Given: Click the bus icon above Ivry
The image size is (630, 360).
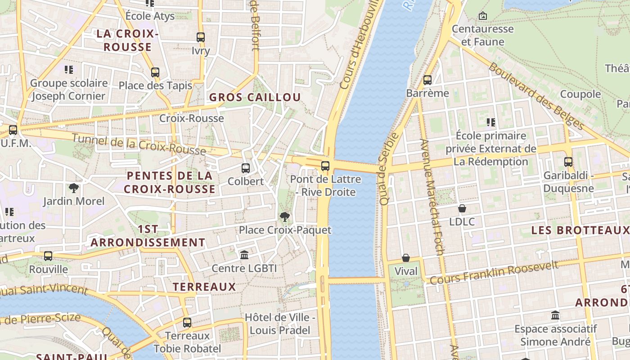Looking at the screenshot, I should tap(201, 37).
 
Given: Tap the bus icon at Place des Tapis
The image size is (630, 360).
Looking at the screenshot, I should tap(155, 72).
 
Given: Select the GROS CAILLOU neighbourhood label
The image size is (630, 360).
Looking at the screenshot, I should tap(255, 97).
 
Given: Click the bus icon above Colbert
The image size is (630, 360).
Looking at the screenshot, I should tap(245, 168).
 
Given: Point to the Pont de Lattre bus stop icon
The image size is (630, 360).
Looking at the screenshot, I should tap(325, 166).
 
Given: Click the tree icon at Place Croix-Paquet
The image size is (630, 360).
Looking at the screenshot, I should tap(284, 217).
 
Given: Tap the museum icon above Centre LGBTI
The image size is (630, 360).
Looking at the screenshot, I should tap(244, 255).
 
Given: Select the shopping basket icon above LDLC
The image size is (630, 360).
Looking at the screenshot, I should tap(462, 208).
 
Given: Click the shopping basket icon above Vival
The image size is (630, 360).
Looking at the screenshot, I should tap(406, 258).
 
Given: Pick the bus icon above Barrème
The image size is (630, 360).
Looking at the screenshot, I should tap(427, 80).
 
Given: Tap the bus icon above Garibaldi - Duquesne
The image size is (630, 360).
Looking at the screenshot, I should tap(568, 162).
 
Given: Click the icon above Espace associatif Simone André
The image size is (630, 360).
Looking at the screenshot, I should tap(555, 315).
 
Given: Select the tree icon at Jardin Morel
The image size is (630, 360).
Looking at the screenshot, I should tap(74, 188).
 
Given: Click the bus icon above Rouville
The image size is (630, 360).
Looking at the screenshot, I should tap(48, 256).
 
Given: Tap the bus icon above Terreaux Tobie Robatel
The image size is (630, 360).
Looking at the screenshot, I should tap(187, 323).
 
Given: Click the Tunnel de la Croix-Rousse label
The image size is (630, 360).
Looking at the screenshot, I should tap(139, 144).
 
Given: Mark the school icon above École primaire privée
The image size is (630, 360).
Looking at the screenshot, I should tap(491, 122).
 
